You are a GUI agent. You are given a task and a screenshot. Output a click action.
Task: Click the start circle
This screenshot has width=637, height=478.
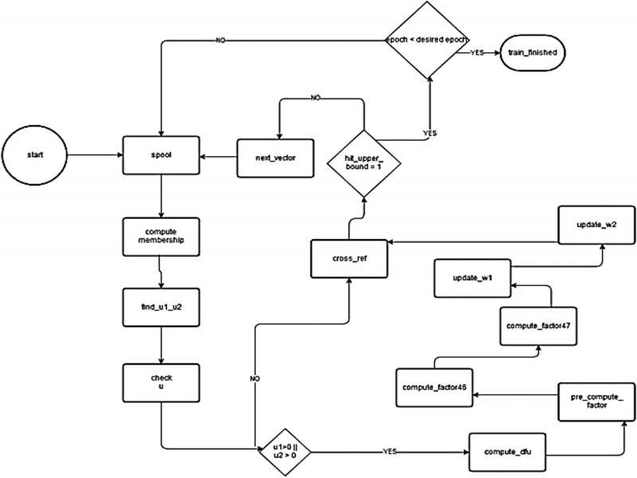click(34, 155)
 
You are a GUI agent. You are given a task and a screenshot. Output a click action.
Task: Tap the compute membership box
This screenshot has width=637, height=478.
click(161, 236)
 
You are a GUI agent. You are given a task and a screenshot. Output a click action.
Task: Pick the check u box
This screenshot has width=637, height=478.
click(161, 383)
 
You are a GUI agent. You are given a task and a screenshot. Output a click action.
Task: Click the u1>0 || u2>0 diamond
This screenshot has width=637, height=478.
click(284, 452)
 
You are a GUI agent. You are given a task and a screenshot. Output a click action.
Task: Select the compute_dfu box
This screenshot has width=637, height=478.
click(507, 452)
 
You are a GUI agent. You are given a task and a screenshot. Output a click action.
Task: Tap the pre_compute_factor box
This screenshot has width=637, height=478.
click(596, 400)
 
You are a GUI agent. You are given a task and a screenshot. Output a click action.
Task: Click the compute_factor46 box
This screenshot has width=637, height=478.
click(436, 388)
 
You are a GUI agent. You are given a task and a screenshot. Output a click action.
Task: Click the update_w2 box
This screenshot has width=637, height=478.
click(596, 225)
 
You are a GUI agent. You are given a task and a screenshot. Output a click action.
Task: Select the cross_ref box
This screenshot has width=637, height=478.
click(349, 259)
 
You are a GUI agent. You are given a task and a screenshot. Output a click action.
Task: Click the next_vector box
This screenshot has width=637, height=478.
click(276, 156)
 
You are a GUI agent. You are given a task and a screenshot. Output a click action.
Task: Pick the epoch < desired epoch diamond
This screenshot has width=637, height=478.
click(428, 39)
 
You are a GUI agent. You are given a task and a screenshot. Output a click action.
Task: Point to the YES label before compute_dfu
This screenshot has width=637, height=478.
click(389, 451)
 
